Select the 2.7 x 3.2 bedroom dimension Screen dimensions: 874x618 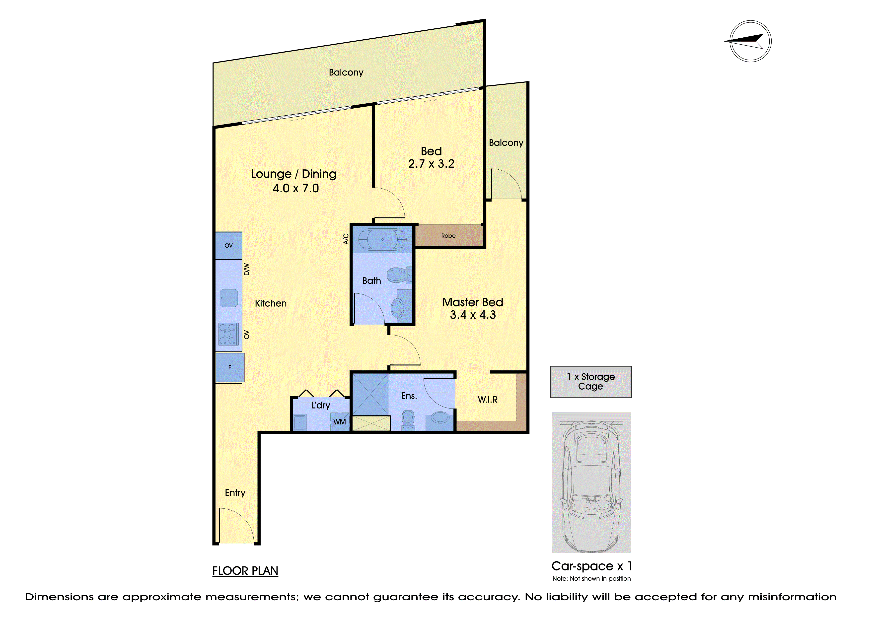(x=431, y=164)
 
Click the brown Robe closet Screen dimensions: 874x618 (x=449, y=236)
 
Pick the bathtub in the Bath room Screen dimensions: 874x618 (x=383, y=240)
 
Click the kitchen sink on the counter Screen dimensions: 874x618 (x=229, y=298)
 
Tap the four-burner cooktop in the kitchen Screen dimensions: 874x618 (x=228, y=334)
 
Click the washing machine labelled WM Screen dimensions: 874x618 (x=340, y=422)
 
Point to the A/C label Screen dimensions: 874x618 (x=346, y=239)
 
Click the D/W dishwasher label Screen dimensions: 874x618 (x=247, y=270)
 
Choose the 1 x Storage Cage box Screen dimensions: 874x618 (x=591, y=382)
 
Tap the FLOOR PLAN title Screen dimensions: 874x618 (x=245, y=571)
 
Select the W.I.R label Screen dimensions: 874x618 (x=488, y=400)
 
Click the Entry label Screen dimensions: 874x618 (x=235, y=493)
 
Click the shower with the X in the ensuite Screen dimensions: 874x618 (x=370, y=395)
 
